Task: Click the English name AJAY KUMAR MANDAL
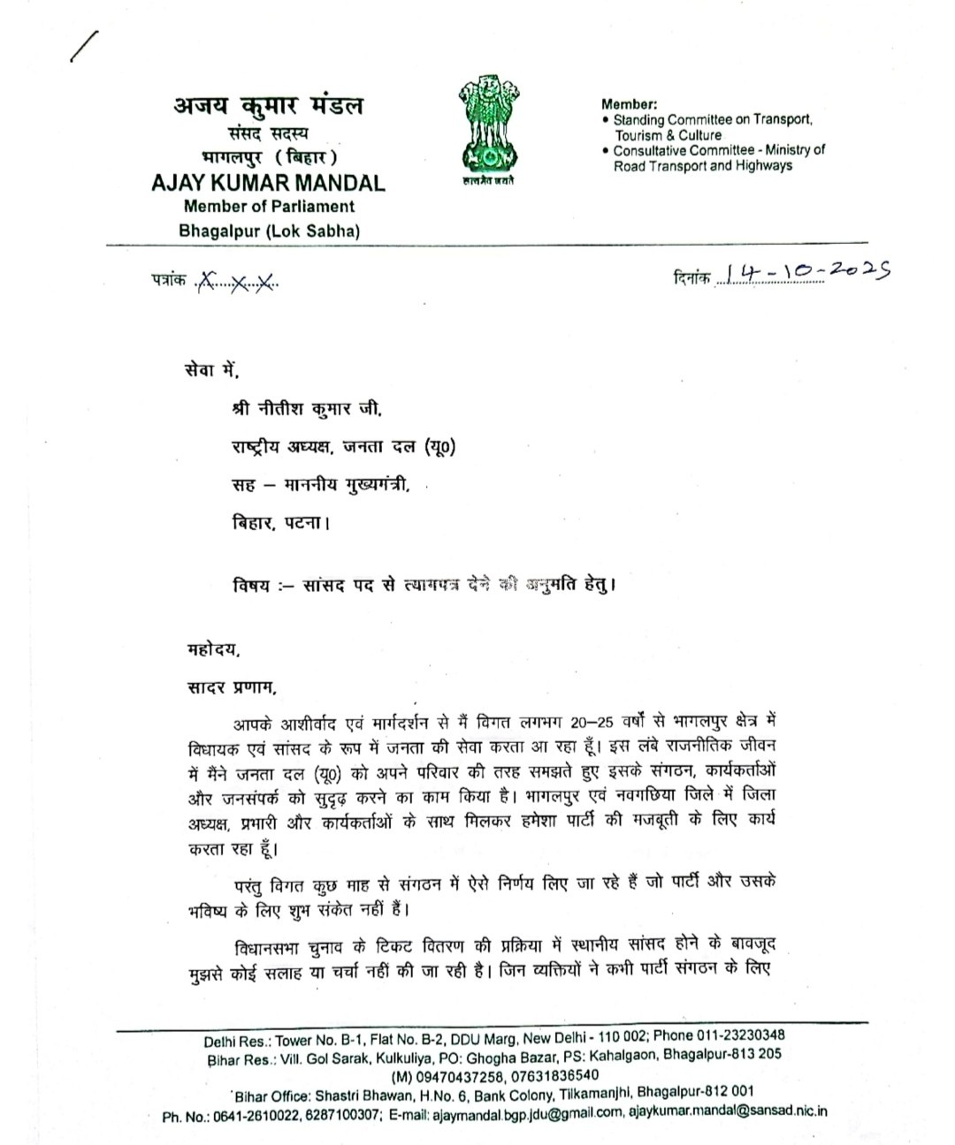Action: (268, 183)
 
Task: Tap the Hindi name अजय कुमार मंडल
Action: (268, 107)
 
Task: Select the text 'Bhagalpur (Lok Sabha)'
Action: (270, 231)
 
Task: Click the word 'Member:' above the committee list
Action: (629, 103)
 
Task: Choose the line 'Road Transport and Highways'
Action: (703, 166)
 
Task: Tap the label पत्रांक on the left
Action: (168, 283)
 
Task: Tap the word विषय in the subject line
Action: (252, 585)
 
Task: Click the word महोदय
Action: (212, 650)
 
